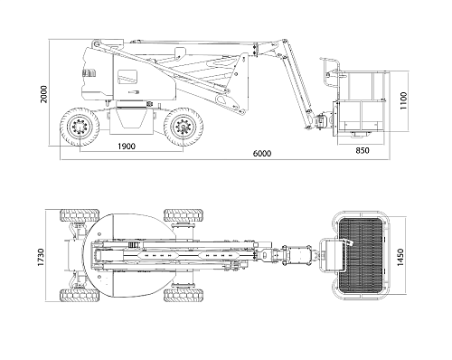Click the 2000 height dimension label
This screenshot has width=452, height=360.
(x=44, y=94)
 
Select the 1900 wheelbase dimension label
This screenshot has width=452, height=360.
(x=127, y=147)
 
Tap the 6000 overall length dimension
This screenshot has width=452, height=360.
(x=262, y=154)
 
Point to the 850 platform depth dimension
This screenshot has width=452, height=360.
(x=363, y=150)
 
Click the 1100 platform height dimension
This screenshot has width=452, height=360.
(x=403, y=101)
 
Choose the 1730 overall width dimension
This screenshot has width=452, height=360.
(x=41, y=257)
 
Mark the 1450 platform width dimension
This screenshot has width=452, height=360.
(x=400, y=257)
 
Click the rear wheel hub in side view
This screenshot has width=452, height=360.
(x=80, y=127)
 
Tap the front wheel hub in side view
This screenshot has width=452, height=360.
(x=183, y=127)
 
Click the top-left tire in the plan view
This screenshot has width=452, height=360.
(x=80, y=215)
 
